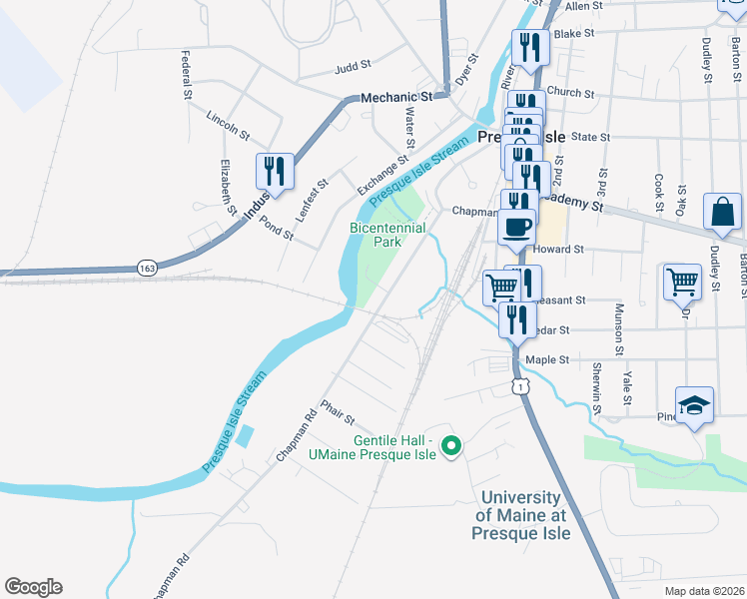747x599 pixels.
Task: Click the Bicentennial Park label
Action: tap(387, 235)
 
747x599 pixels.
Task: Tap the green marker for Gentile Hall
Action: tap(450, 446)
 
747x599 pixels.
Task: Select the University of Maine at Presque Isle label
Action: tap(520, 515)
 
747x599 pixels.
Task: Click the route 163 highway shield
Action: tap(146, 269)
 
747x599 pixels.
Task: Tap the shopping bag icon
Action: tap(722, 213)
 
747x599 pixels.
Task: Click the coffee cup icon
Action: tap(516, 226)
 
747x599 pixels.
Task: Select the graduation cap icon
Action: tap(694, 405)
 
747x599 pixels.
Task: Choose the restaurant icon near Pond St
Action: tap(275, 171)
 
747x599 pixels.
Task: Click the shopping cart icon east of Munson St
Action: tap(683, 282)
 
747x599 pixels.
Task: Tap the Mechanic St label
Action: tap(395, 97)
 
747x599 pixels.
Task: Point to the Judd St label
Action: tap(353, 68)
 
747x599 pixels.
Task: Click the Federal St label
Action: tap(186, 76)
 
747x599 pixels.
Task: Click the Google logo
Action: tap(33, 587)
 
